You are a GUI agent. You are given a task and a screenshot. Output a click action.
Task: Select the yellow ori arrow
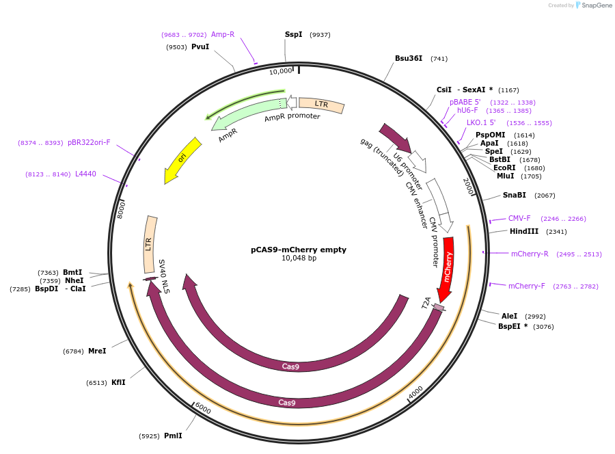tap(182, 159)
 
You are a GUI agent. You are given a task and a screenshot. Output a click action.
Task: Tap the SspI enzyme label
tap(293, 34)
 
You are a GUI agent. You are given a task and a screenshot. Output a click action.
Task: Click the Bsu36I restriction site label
tap(409, 58)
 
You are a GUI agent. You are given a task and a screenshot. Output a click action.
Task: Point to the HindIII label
tap(524, 231)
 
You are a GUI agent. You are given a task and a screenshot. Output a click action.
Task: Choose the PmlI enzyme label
tap(173, 436)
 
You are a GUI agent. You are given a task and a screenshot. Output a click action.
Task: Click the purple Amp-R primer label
tap(223, 34)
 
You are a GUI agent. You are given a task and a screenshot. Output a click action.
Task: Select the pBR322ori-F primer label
tap(89, 142)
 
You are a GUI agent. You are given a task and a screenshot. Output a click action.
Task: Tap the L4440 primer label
tap(85, 174)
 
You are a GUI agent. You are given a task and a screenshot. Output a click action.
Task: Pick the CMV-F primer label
tap(519, 218)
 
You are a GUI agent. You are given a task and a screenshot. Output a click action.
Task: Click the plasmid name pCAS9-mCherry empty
tap(299, 250)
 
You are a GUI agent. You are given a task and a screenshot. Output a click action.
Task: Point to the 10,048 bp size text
tap(299, 258)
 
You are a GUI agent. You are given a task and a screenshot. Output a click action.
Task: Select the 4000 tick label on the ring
tap(415, 392)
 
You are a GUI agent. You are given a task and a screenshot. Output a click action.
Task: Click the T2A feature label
tap(426, 302)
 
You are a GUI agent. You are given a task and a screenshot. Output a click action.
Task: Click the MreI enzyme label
tap(97, 351)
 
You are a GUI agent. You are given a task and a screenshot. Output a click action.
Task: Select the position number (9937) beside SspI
tap(320, 34)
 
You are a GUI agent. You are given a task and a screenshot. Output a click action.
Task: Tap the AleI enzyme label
tap(510, 316)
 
